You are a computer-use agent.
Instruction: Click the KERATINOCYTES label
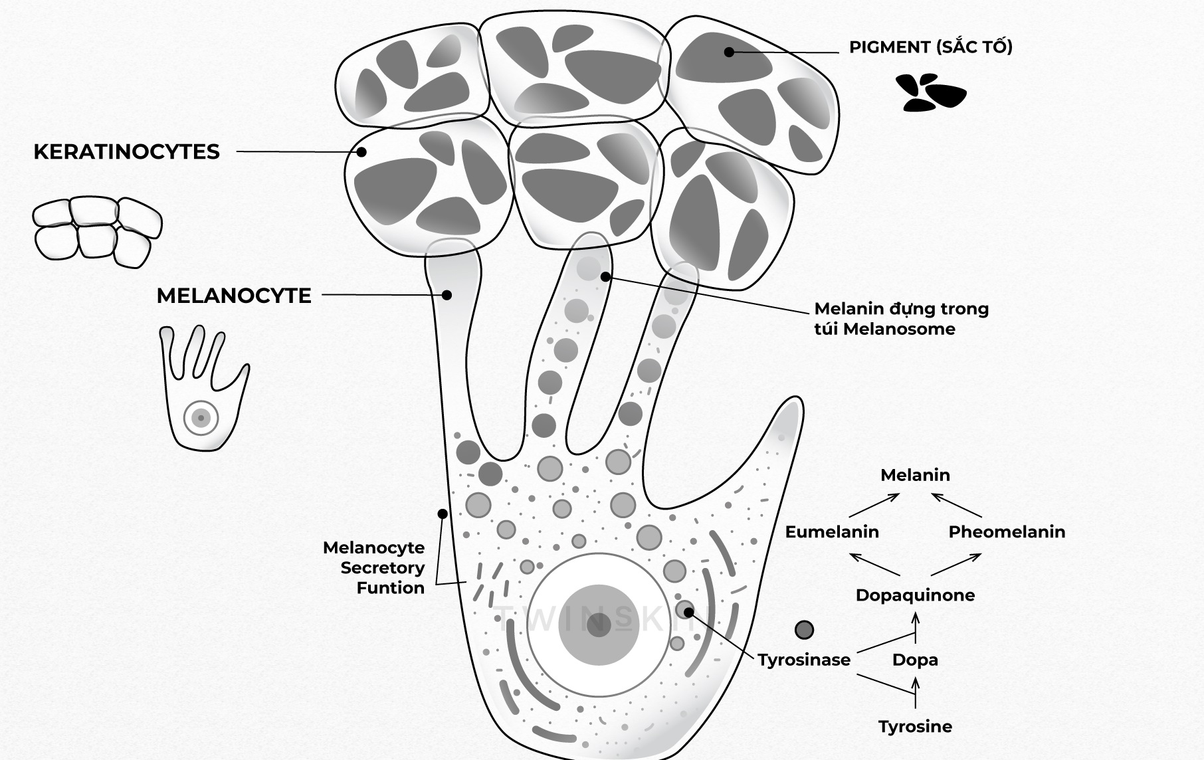point(126,152)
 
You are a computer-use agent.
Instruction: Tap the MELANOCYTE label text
point(234,296)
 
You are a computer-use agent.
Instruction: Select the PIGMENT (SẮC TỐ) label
point(931,47)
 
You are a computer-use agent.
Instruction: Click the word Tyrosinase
point(804,660)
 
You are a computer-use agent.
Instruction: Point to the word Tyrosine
point(915,727)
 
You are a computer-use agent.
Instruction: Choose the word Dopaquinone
point(915,595)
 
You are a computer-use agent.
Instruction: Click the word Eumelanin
point(832,531)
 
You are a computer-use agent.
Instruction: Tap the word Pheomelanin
point(1007,531)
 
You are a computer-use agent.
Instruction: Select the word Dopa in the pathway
point(915,660)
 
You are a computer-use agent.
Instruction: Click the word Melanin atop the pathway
point(915,475)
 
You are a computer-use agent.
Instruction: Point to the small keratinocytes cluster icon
point(98,231)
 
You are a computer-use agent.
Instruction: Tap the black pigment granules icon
point(930,92)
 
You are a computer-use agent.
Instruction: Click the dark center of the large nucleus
point(599,625)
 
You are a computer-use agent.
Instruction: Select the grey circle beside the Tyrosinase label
point(804,630)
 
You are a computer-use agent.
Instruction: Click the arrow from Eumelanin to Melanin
point(874,506)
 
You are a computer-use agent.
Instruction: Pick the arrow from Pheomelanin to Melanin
point(956,505)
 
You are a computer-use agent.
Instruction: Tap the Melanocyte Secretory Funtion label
point(373,567)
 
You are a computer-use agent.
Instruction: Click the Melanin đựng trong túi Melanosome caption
point(902,319)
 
